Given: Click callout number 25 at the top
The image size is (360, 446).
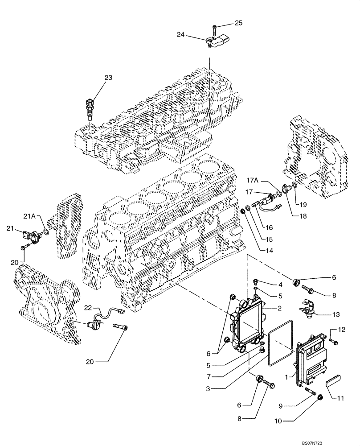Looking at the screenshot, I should [x=238, y=22].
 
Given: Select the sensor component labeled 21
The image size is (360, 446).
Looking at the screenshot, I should [x=31, y=234].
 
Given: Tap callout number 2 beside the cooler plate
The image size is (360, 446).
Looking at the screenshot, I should [x=279, y=308].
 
